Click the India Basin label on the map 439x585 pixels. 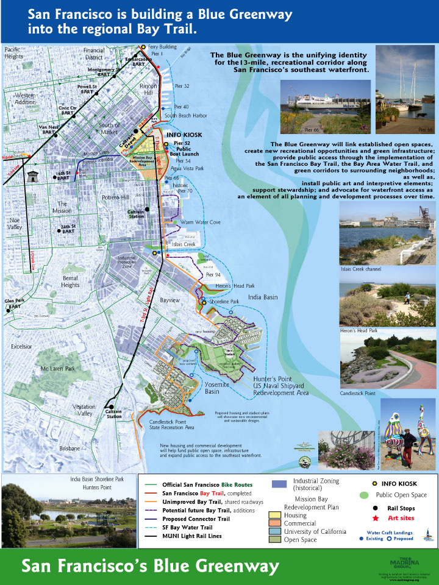263,297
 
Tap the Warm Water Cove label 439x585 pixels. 201,222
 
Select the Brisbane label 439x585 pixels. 69,448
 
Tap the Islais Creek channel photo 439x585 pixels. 387,233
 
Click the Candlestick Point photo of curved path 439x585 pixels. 387,363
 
